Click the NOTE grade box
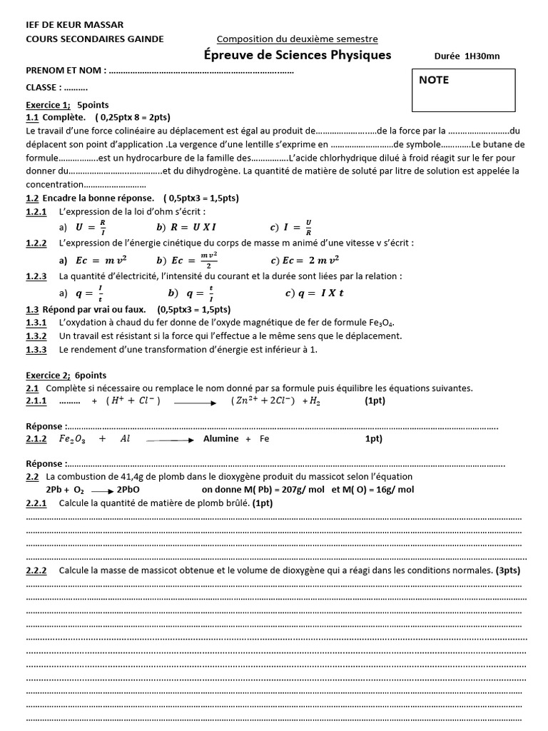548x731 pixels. pos(463,91)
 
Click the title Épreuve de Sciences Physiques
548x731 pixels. pos(298,55)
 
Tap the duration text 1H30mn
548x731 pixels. pos(482,56)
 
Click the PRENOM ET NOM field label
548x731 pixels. pos(66,71)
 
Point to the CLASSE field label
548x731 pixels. pos(44,88)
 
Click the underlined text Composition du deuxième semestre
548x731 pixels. pos(297,39)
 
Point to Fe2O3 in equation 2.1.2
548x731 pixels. pos(73,439)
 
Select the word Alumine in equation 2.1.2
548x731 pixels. pos(220,439)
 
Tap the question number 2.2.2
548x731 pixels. pos(36,570)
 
